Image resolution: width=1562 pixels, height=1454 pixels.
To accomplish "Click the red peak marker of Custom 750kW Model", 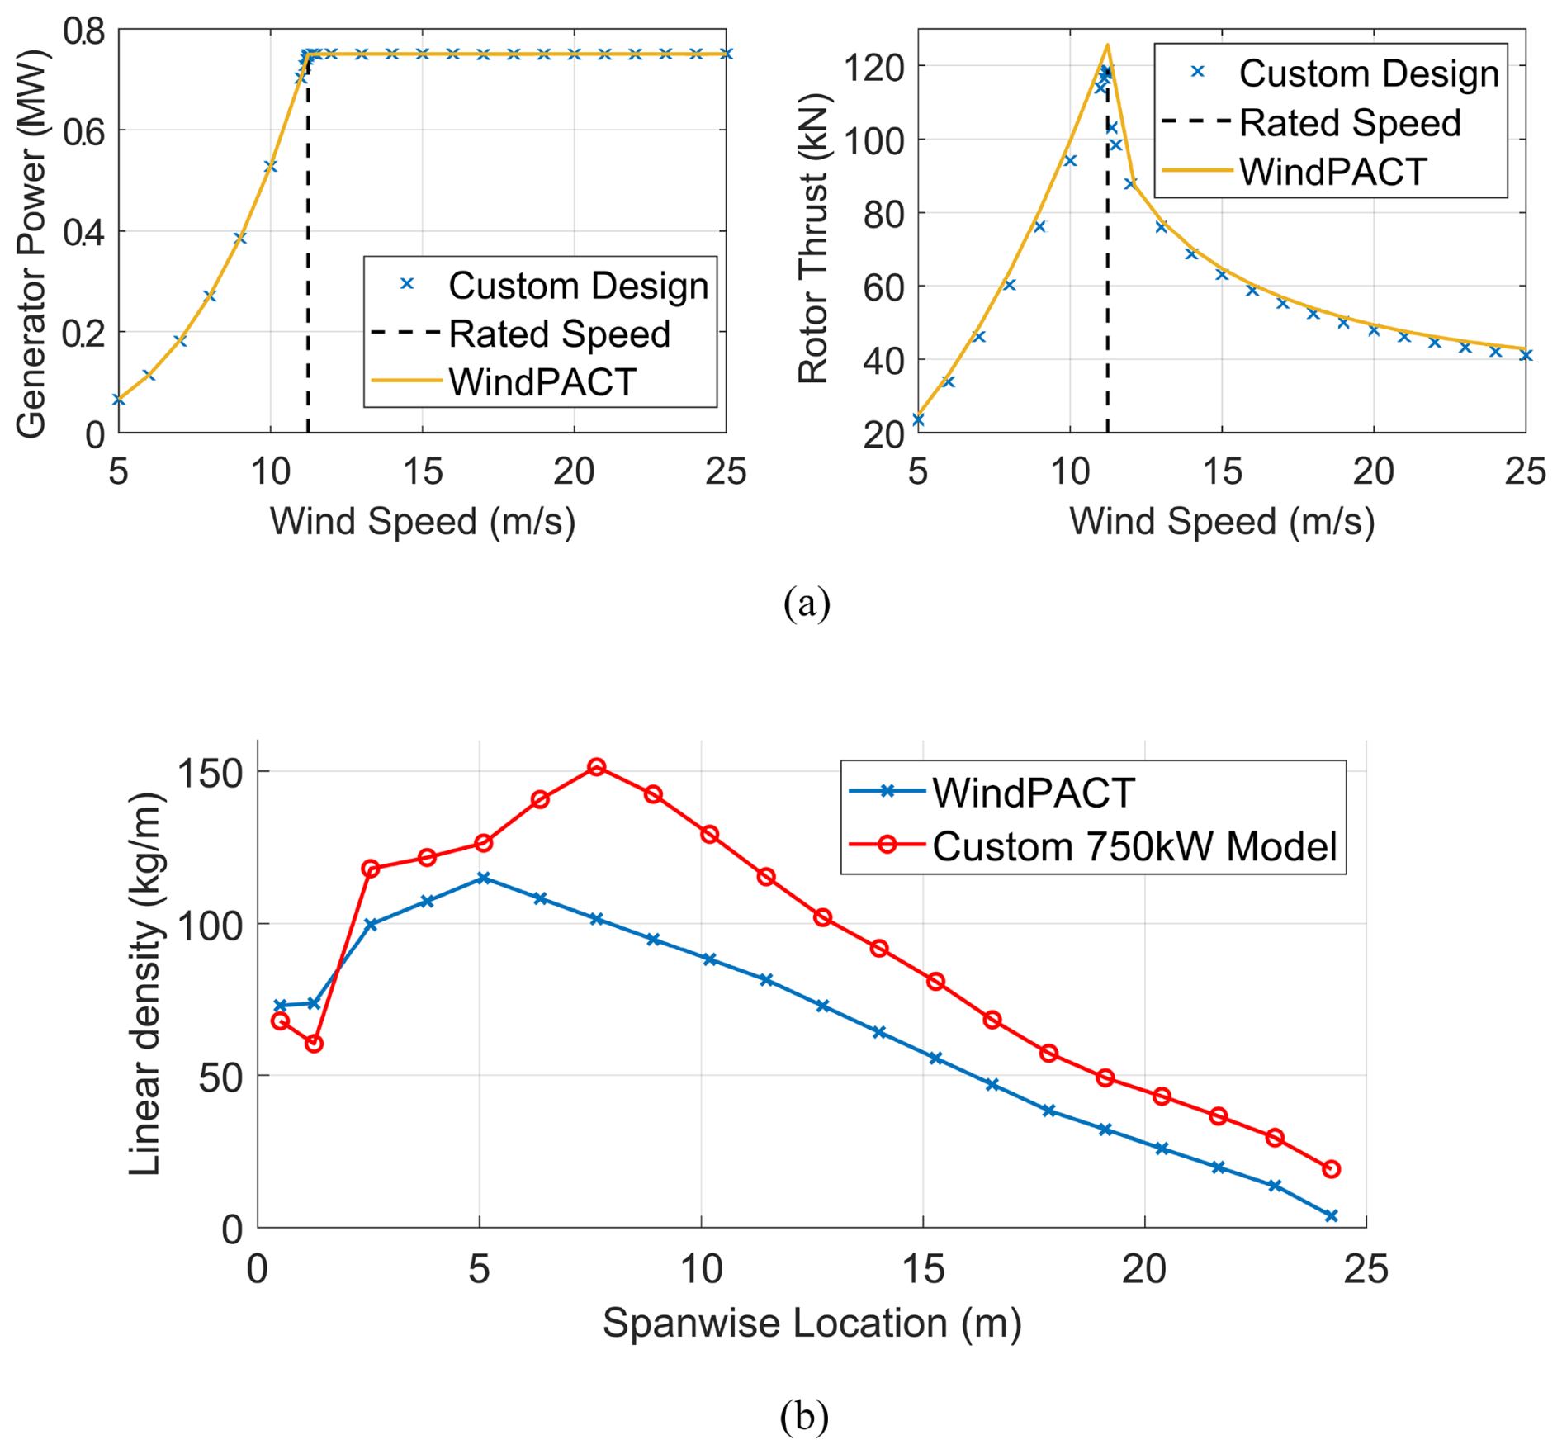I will coord(597,767).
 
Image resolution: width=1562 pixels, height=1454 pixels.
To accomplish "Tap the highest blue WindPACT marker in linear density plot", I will coord(484,878).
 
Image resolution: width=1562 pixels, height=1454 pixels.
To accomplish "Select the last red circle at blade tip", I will coord(1331,1168).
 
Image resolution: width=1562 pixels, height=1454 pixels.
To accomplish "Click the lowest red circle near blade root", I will coord(314,1044).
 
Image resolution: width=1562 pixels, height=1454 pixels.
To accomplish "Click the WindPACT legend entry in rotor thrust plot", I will coord(1332,172).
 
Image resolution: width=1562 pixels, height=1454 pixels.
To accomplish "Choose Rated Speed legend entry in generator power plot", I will coord(558,334).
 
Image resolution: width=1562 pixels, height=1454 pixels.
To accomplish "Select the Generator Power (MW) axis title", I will coord(31,244).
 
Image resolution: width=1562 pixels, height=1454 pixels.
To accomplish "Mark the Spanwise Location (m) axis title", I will coord(812,1323).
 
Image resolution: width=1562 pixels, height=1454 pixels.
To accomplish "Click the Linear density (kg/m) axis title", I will coord(145,983).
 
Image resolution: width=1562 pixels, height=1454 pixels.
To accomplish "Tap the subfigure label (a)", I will coord(806,603).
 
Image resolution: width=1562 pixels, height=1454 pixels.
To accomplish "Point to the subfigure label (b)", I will coord(803,1415).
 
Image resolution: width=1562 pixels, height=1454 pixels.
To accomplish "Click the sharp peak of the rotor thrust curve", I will coord(1107,45).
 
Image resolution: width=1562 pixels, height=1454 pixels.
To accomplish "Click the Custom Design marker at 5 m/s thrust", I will coord(918,420).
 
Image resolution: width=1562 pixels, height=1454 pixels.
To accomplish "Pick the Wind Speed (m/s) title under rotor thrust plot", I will coord(1221,522).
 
